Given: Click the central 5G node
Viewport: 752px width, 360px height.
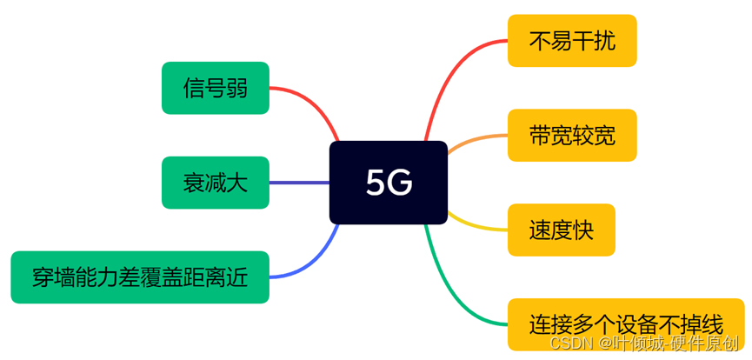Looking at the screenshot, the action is coord(389,183).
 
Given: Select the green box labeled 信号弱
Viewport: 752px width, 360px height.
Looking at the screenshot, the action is coord(216,88).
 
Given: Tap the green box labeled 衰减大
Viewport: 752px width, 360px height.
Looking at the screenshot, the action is coord(216,183).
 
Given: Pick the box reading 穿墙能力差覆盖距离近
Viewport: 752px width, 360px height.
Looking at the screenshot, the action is coord(140,277).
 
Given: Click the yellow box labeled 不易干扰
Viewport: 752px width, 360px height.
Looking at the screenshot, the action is coord(572,41).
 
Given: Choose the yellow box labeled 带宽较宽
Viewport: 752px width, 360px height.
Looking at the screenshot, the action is coord(572,136).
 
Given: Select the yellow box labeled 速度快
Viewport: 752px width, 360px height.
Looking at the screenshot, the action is coord(561,230).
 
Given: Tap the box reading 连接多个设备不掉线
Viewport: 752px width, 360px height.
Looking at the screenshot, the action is coord(626,324).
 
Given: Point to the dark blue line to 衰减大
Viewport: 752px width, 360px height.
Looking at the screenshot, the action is coord(299,183).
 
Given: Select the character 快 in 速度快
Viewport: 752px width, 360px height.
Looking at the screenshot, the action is coord(582,230).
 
